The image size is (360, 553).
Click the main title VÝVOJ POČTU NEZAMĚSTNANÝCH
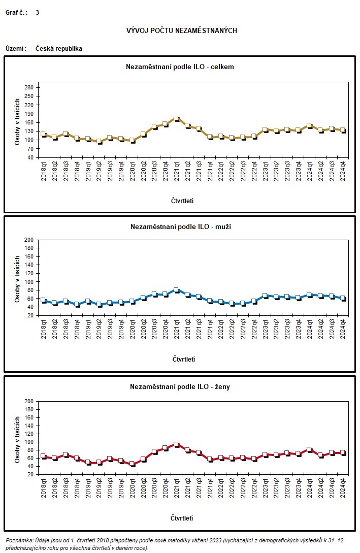181,30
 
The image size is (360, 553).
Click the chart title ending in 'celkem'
180,67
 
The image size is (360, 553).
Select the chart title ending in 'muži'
181,226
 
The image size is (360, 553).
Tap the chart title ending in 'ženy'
180,387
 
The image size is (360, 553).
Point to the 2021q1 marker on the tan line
176,118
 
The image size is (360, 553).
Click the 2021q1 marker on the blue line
176,290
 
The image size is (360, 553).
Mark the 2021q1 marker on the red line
176,444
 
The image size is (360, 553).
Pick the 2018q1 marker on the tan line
43,134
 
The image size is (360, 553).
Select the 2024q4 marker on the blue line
343,298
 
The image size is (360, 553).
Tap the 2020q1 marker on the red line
132,464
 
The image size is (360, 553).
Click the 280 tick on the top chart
28,88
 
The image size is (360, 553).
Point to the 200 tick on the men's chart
29,240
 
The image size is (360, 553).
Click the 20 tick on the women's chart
29,474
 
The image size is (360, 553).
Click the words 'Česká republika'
59,49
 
